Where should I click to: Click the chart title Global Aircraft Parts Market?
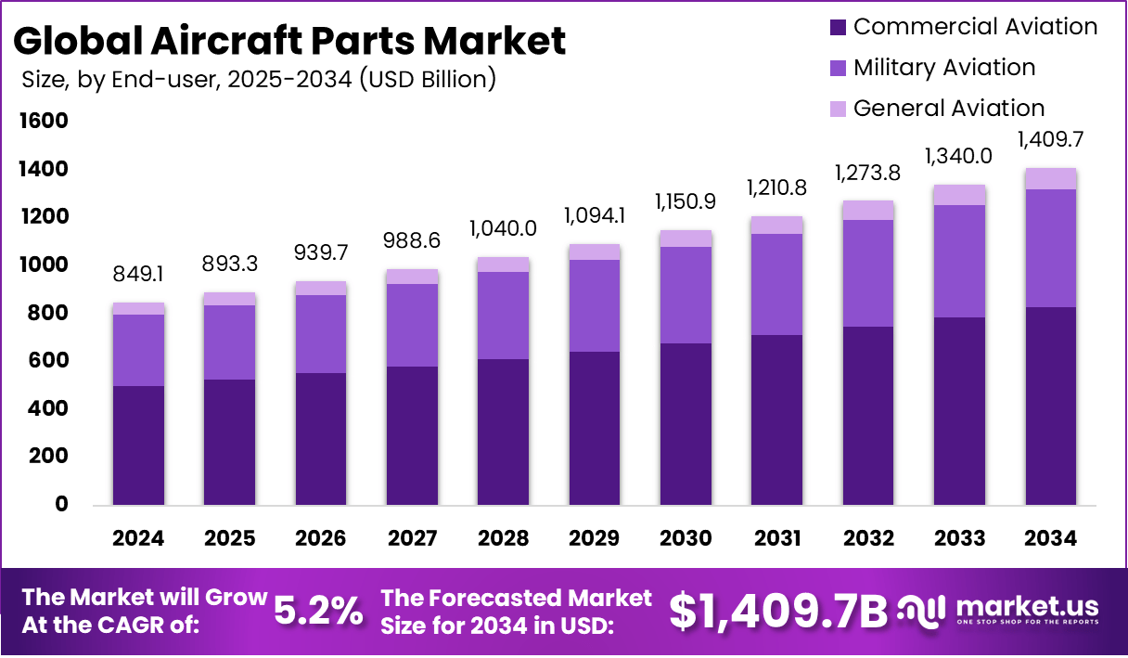pos(289,41)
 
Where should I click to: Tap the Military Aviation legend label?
pos(944,68)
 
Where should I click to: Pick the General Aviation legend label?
pos(949,109)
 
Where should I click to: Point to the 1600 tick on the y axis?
pos(43,121)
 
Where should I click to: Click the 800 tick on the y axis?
pos(47,313)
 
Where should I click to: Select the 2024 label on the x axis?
pos(138,538)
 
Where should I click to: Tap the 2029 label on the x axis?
pos(595,538)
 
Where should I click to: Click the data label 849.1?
pos(139,275)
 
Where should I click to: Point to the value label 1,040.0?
pos(504,227)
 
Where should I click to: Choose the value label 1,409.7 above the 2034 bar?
pos(1051,140)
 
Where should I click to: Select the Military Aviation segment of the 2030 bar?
pos(686,295)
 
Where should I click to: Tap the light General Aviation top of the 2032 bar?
pos(868,210)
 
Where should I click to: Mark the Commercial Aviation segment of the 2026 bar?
pos(321,438)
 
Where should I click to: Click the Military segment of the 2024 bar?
pos(139,350)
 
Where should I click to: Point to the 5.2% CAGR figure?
pos(319,610)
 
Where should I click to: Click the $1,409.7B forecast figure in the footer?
pos(777,610)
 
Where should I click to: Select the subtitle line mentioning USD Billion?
pos(259,80)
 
